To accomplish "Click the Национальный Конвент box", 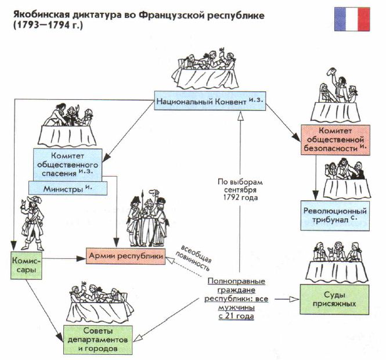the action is pyautogui.click(x=210, y=101).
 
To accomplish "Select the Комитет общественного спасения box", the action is pyautogui.click(x=67, y=165).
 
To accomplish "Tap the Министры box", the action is pyautogui.click(x=68, y=188).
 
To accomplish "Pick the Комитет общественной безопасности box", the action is pyautogui.click(x=336, y=139).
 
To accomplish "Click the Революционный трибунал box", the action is pyautogui.click(x=335, y=215).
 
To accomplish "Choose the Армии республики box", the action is pyautogui.click(x=125, y=256).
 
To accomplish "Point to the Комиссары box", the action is pyautogui.click(x=26, y=265).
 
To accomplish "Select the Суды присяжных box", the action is pyautogui.click(x=334, y=300).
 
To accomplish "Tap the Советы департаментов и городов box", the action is pyautogui.click(x=98, y=340).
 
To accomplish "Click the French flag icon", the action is pyautogui.click(x=352, y=19).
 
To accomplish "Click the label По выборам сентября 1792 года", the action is pyautogui.click(x=240, y=190).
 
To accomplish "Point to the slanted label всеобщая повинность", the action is pyautogui.click(x=194, y=258).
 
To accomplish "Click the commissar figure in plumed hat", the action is pyautogui.click(x=33, y=223).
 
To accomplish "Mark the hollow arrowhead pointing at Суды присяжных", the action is pyautogui.click(x=295, y=300).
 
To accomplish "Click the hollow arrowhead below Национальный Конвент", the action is pyautogui.click(x=240, y=116).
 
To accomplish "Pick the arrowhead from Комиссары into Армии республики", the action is pyautogui.click(x=81, y=258).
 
